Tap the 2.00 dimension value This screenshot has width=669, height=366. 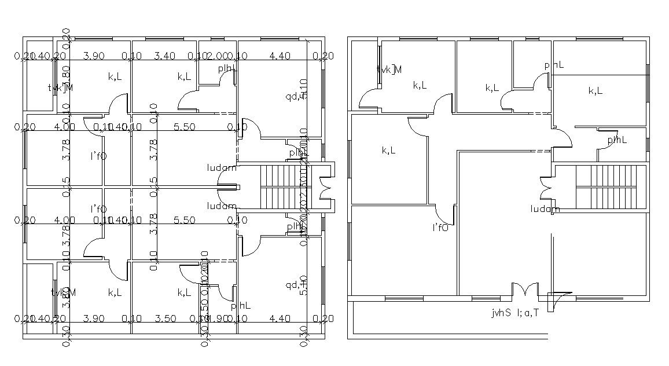pos(217,56)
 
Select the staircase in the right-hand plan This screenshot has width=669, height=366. pos(611,186)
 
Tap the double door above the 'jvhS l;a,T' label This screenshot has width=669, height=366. pos(524,290)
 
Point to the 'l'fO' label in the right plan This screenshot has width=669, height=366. pos(440,228)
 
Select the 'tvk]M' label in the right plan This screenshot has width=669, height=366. pos(389,70)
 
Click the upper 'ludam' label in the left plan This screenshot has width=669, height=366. pos(222,168)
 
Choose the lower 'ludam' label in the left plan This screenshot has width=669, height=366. pos(222,206)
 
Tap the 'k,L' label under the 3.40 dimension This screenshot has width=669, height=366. pos(185,76)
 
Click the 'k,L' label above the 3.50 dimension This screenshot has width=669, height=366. pos(185,293)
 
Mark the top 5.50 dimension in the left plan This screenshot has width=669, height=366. pos(184,127)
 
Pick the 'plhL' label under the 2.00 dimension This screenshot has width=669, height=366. pos(226,68)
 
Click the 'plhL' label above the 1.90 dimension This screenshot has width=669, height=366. pos(241,306)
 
